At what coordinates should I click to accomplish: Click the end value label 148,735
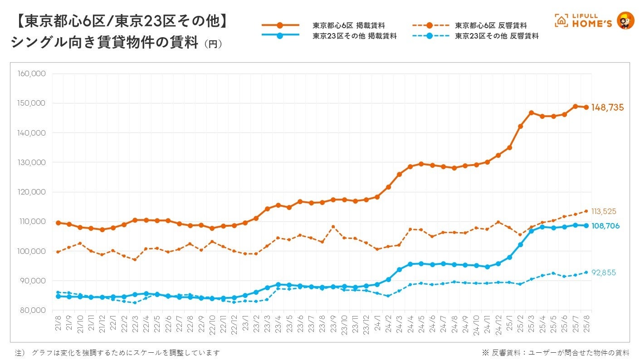[x=607, y=107]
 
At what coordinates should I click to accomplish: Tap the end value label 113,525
[x=604, y=211]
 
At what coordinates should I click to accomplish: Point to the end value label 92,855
[x=604, y=272]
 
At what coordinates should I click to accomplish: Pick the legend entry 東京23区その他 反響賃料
[x=497, y=36]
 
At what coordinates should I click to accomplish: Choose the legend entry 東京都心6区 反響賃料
[x=491, y=25]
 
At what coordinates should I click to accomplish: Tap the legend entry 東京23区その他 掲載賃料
[x=354, y=36]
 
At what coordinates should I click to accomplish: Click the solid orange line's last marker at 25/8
[x=586, y=107]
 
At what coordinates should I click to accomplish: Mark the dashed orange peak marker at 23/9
[x=333, y=227]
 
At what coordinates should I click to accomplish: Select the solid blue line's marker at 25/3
[x=531, y=231]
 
